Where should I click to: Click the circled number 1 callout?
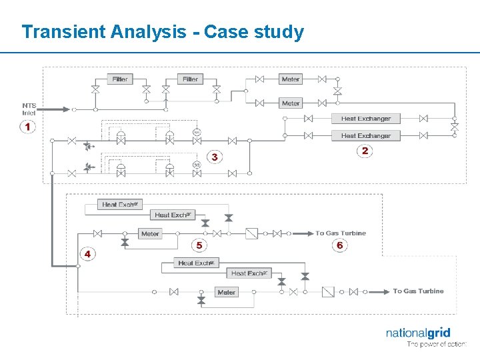(x=27, y=126)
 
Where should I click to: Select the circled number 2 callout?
(x=365, y=151)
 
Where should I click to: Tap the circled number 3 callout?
(x=214, y=157)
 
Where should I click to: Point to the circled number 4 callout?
(x=87, y=254)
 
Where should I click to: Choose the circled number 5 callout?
(x=199, y=246)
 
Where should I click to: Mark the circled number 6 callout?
(x=339, y=245)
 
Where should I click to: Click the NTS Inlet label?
(x=29, y=109)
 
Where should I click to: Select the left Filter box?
(x=120, y=79)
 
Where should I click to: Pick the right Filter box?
(x=190, y=79)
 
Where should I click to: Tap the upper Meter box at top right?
(x=291, y=79)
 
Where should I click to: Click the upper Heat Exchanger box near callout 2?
(x=365, y=119)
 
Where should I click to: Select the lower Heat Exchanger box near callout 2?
(x=365, y=135)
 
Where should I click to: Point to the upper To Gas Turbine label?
(x=341, y=233)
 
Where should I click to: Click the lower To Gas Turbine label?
(x=418, y=291)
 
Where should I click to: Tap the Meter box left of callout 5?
(x=150, y=234)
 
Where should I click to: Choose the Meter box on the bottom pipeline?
(x=227, y=292)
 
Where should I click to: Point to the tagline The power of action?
(x=436, y=345)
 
